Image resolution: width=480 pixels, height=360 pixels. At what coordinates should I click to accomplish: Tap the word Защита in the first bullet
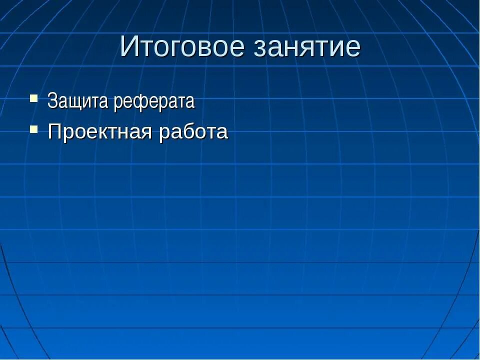pyautogui.click(x=78, y=101)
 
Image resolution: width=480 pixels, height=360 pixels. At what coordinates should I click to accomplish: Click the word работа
pyautogui.click(x=193, y=132)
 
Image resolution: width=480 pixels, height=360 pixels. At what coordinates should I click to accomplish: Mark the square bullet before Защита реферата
pyautogui.click(x=33, y=97)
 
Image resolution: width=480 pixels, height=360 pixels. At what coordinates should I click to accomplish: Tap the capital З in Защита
pyautogui.click(x=51, y=101)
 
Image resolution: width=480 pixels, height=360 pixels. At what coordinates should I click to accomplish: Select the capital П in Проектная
pyautogui.click(x=54, y=132)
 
